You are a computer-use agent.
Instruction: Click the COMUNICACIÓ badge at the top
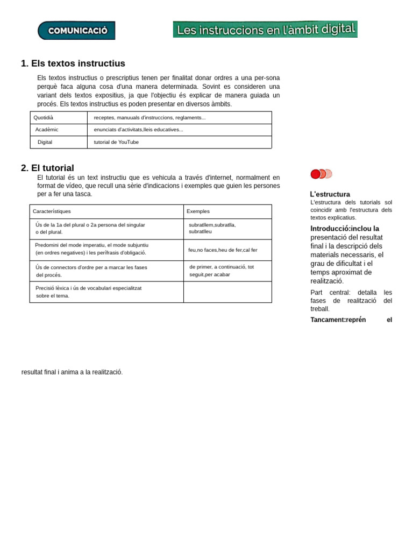click(x=76, y=31)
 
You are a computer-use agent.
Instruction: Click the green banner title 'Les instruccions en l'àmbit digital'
click(x=265, y=30)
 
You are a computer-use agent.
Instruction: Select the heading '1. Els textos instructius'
click(x=73, y=63)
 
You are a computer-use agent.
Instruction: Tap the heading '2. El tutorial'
click(x=47, y=168)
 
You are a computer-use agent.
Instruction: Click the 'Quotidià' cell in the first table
click(x=44, y=117)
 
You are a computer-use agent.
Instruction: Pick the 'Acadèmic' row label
click(x=47, y=130)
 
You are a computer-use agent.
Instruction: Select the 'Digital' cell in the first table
click(x=45, y=142)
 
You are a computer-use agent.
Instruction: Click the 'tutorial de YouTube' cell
click(x=116, y=142)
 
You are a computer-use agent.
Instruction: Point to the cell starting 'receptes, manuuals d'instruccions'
click(x=149, y=117)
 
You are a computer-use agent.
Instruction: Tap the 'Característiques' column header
click(x=52, y=211)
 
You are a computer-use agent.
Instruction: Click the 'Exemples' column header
click(x=198, y=211)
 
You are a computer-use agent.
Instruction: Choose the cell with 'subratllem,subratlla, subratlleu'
click(x=212, y=228)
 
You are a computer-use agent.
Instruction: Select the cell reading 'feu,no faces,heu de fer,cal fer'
click(x=223, y=250)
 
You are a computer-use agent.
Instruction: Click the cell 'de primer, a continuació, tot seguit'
click(x=221, y=271)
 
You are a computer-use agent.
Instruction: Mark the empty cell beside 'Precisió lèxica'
click(x=227, y=292)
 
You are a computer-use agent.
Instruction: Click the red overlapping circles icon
click(x=321, y=174)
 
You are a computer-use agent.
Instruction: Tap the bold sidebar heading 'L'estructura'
click(x=330, y=194)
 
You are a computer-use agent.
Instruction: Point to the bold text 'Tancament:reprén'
click(x=338, y=320)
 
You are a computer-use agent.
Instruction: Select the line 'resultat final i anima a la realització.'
click(x=72, y=372)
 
